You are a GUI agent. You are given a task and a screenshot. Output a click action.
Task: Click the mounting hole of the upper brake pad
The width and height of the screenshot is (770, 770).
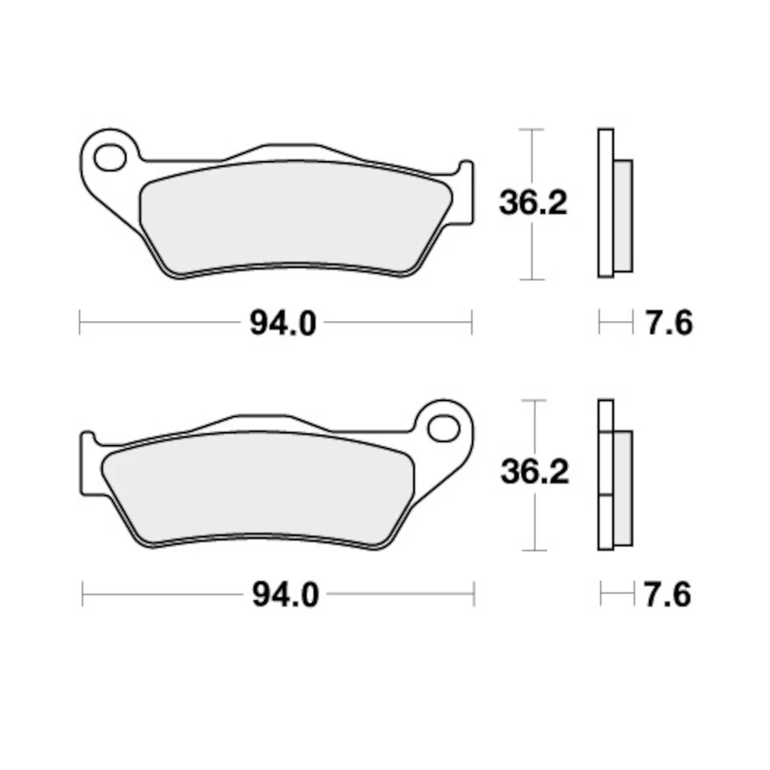coord(110,157)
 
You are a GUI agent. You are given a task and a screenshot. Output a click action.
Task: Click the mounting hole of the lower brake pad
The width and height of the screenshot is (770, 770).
coord(443,428)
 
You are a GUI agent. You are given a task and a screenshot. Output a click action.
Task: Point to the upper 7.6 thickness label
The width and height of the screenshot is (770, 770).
coord(668,324)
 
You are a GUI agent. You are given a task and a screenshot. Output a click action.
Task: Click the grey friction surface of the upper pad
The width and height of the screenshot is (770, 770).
coord(293,217)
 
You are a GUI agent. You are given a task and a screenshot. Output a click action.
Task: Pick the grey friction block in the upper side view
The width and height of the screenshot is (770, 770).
coord(622,215)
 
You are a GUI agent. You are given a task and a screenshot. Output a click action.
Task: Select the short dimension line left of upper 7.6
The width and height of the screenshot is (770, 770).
coord(615,324)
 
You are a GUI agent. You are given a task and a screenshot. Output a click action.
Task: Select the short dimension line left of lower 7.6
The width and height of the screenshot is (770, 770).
coord(616,595)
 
